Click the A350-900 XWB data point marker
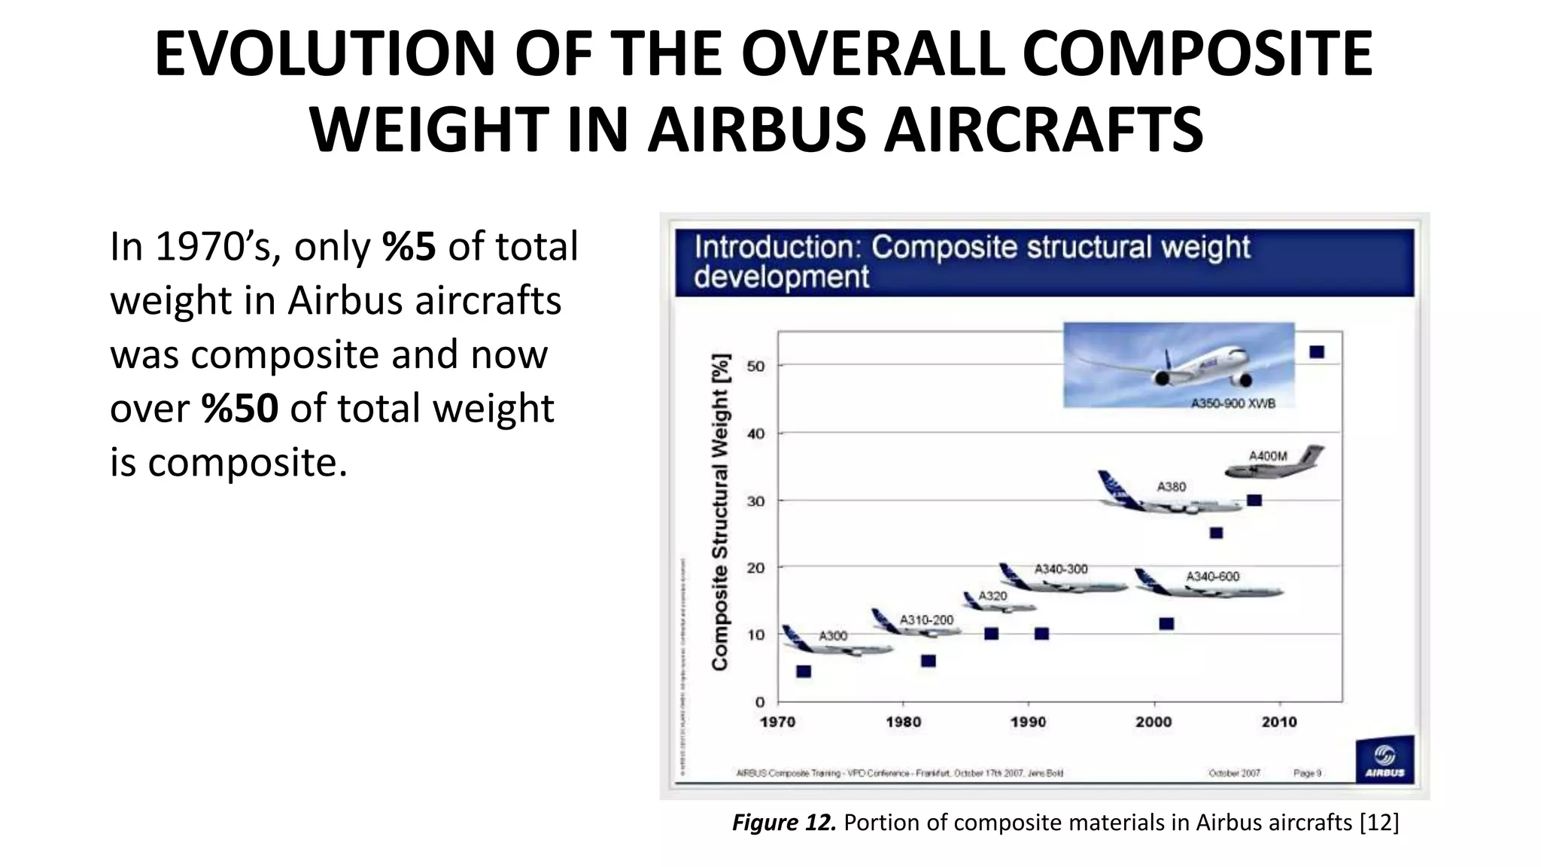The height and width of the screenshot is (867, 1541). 1317,352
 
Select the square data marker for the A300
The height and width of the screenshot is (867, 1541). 804,671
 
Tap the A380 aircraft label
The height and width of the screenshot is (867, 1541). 1171,487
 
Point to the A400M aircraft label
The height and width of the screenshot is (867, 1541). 1268,456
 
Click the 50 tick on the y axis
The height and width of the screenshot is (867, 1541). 755,367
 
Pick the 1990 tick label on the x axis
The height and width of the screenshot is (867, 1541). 1028,722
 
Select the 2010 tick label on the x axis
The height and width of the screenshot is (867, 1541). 1279,722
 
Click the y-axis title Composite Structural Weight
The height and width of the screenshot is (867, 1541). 720,512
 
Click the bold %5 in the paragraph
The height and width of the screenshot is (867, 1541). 409,247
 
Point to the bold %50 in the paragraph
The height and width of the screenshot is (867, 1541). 239,409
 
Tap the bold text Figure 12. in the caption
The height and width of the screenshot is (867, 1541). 783,823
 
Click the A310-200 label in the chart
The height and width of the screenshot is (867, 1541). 926,620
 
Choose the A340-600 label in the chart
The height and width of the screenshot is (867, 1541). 1212,576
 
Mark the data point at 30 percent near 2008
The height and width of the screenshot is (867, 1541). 1254,500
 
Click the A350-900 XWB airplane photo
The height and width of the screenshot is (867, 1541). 1178,364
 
